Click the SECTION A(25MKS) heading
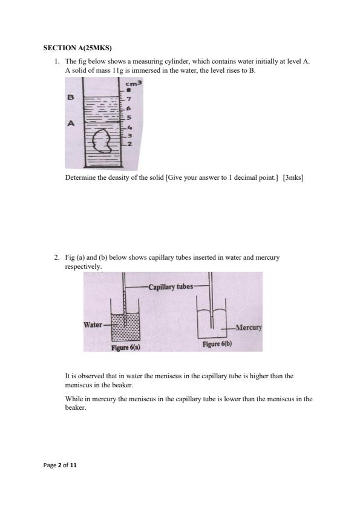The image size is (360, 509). pos(77,48)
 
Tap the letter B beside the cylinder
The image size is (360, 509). pos(70,97)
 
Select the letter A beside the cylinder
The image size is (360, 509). pos(71,123)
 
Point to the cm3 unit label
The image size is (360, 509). pos(134,84)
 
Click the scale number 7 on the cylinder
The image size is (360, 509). pos(128,99)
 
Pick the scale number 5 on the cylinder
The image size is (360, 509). pos(128,117)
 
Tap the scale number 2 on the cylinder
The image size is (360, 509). pos(129,143)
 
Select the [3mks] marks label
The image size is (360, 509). pos(293,177)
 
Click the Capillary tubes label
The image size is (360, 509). pos(171,287)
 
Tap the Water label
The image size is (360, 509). pos(93,324)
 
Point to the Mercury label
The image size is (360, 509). pos(249,327)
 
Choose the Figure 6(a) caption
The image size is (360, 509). pos(126,347)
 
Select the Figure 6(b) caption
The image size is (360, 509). pos(217,344)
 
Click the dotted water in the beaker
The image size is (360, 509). pos(125,326)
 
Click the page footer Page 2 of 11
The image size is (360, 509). pos(60,465)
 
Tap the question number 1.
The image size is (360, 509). pos(57,61)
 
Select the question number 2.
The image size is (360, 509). pos(57,257)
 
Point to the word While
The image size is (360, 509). pos(74,399)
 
